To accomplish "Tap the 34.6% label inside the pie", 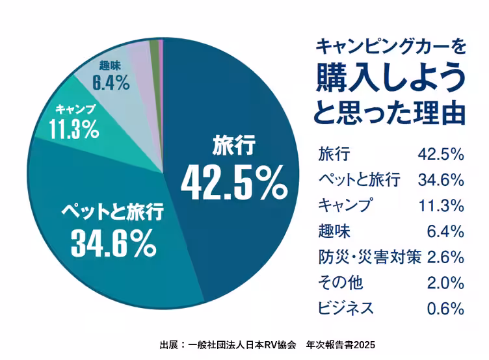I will pos(112,243).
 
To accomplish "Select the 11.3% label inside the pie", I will pos(74,129).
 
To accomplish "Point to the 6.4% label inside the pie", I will pos(111,83).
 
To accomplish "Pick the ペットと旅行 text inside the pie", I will pos(112,212).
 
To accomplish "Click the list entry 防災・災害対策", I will pos(368,257).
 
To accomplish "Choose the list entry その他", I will pos(340,283).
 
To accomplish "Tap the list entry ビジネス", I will pos(346,308).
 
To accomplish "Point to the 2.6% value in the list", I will pos(445,257).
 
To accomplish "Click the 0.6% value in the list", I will pos(445,308).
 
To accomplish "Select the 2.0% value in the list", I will pos(445,283).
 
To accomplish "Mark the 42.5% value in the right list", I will pos(440,155).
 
